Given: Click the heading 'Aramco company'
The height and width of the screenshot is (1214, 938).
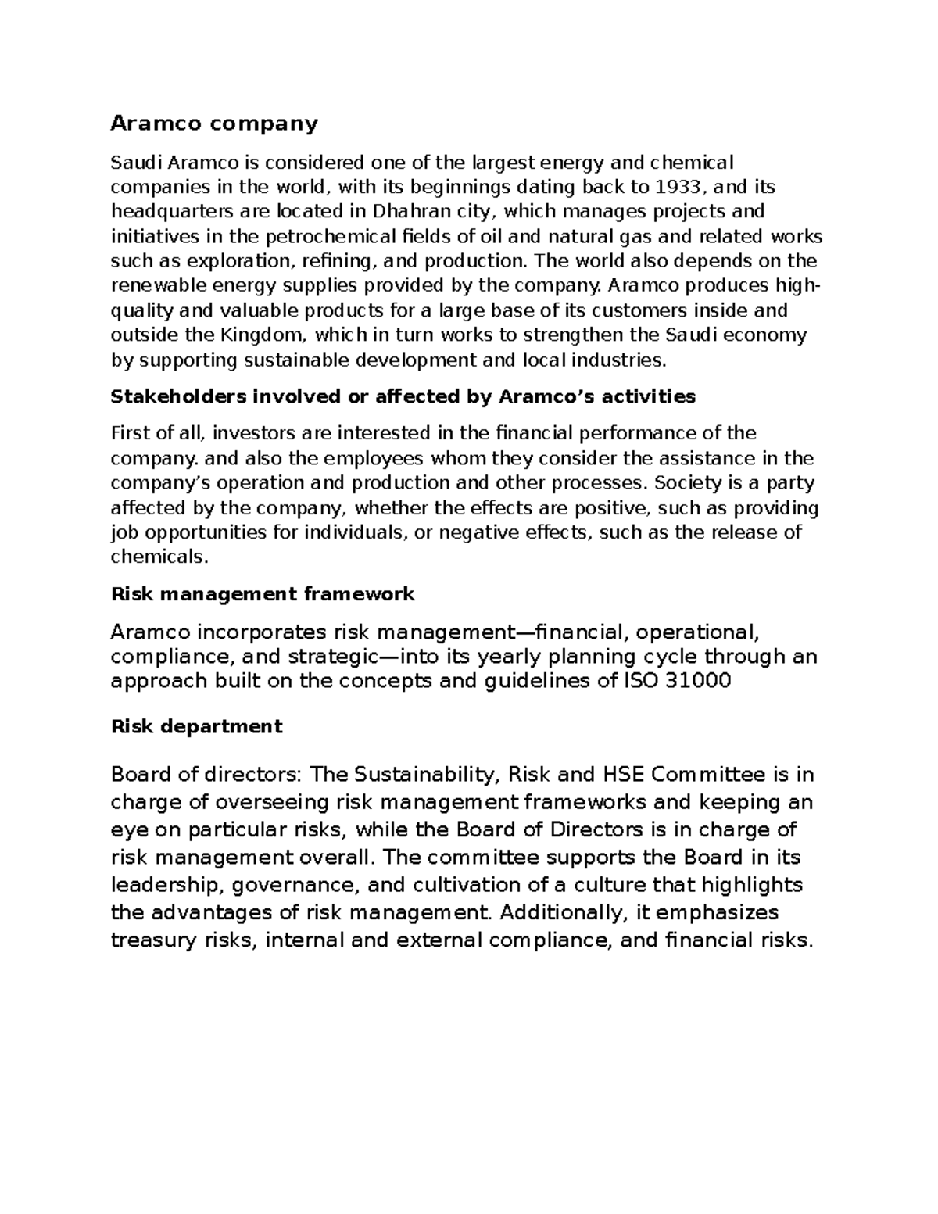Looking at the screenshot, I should coord(214,124).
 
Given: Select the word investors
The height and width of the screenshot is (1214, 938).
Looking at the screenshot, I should coord(252,434).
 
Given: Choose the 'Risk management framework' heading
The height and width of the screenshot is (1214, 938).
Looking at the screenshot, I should coord(263,595).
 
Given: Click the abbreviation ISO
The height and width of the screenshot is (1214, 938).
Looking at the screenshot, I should coord(640,681).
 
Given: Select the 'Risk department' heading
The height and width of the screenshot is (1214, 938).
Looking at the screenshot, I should coord(196,727).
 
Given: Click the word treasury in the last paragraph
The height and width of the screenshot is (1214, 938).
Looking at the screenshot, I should coord(153,940).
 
